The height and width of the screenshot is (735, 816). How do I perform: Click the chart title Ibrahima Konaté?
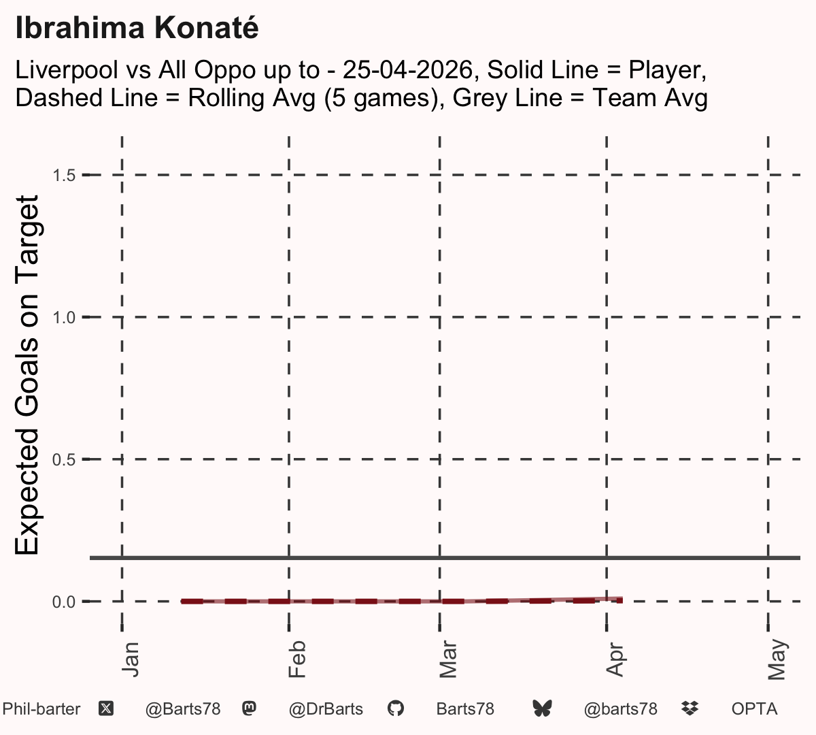[x=137, y=28]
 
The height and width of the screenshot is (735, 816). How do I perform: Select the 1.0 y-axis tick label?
[x=64, y=318]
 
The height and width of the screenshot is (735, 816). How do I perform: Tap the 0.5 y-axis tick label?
[x=64, y=460]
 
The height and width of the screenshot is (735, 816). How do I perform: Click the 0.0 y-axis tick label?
[x=64, y=602]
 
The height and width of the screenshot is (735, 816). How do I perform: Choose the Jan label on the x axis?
[x=131, y=659]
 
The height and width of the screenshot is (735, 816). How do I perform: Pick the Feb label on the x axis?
[x=297, y=659]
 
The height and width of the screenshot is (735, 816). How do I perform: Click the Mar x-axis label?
[x=448, y=659]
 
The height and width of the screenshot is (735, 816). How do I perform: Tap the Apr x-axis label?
[x=615, y=659]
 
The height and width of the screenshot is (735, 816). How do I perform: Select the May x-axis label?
[x=777, y=659]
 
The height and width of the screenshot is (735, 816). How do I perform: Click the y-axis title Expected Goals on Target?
[x=27, y=375]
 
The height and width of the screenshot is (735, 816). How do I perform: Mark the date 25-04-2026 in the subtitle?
[x=407, y=69]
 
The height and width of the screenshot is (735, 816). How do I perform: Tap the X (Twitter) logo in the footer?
[x=106, y=708]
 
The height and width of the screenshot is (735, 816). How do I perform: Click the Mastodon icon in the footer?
[x=249, y=708]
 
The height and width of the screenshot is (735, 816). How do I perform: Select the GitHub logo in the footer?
[x=395, y=708]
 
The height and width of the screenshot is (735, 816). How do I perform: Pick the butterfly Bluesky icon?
[x=542, y=708]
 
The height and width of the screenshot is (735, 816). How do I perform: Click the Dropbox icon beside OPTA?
[x=690, y=708]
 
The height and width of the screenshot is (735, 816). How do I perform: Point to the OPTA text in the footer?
[x=755, y=709]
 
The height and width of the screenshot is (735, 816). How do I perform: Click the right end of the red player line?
[x=622, y=600]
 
